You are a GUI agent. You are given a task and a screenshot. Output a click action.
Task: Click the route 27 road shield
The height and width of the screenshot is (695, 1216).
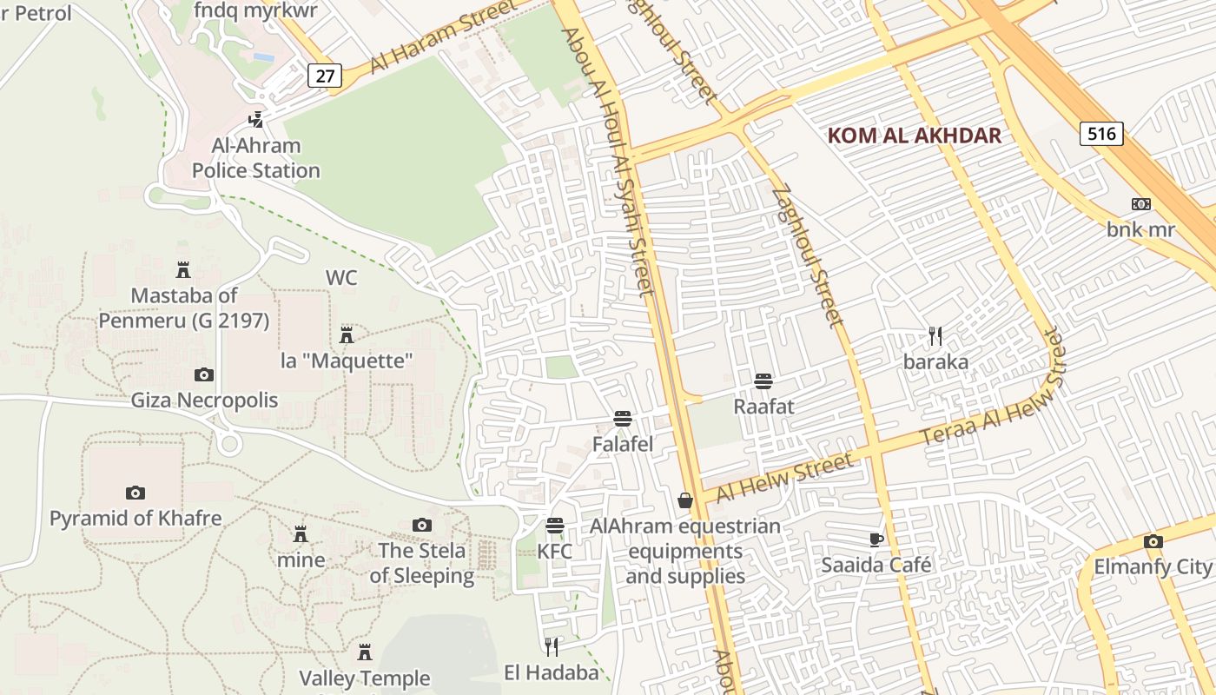pos(324,76)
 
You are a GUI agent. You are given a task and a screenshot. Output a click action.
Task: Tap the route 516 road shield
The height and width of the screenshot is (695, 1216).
pos(1102,133)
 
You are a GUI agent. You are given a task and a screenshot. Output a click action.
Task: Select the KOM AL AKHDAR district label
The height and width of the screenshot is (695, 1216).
pos(915,136)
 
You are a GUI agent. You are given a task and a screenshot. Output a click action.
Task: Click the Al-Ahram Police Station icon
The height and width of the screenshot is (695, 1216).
pos(255,120)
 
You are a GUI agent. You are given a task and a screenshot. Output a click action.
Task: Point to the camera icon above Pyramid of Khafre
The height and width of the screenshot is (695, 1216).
pos(135,493)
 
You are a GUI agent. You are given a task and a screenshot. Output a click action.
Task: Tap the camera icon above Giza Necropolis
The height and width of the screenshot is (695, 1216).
pos(203,374)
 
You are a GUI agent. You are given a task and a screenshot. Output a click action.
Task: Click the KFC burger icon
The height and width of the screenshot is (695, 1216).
pos(554,526)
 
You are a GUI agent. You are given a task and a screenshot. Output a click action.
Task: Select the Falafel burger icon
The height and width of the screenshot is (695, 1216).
pos(622,418)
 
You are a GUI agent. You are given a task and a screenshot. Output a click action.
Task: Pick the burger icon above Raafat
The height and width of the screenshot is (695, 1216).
pos(763,381)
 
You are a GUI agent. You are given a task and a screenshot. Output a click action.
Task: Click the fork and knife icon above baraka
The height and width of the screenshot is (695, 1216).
pos(935,336)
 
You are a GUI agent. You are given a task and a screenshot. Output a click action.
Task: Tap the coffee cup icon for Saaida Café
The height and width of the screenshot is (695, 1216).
pos(876,539)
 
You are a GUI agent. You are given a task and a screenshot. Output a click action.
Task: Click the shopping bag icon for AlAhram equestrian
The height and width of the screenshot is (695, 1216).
pos(685,500)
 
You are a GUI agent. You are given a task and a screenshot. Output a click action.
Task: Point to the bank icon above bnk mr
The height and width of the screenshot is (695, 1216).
pos(1140,204)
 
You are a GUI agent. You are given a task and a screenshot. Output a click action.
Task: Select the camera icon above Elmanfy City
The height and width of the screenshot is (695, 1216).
pos(1153,541)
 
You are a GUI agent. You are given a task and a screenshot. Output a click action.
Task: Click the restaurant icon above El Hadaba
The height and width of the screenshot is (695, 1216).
pos(552,646)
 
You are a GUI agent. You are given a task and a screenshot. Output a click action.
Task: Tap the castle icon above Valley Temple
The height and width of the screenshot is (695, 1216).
pos(365,652)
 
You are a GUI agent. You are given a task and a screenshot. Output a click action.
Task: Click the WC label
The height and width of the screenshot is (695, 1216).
pos(341,278)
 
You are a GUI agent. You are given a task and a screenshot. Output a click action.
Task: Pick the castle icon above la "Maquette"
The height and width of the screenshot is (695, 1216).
pos(347,334)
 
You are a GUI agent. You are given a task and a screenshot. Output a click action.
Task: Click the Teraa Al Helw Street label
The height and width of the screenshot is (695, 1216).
pos(993,400)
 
